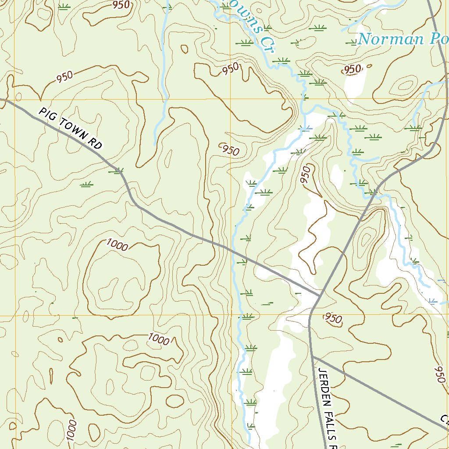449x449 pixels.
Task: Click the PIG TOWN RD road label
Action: coord(70,128)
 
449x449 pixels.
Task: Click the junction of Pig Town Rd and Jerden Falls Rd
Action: coord(319,295)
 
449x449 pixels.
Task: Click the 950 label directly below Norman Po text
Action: coord(353,69)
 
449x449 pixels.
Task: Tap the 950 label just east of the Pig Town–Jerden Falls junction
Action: coord(334,319)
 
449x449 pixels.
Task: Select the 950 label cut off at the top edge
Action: coord(121,5)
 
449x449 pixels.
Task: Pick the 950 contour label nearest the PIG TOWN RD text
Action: coord(64,77)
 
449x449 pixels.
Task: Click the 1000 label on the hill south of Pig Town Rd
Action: coord(117,246)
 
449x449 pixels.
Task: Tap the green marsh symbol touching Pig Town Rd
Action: coord(117,171)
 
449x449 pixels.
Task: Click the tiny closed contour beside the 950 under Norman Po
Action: coord(369,66)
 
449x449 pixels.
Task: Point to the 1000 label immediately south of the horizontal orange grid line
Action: coord(158,339)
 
